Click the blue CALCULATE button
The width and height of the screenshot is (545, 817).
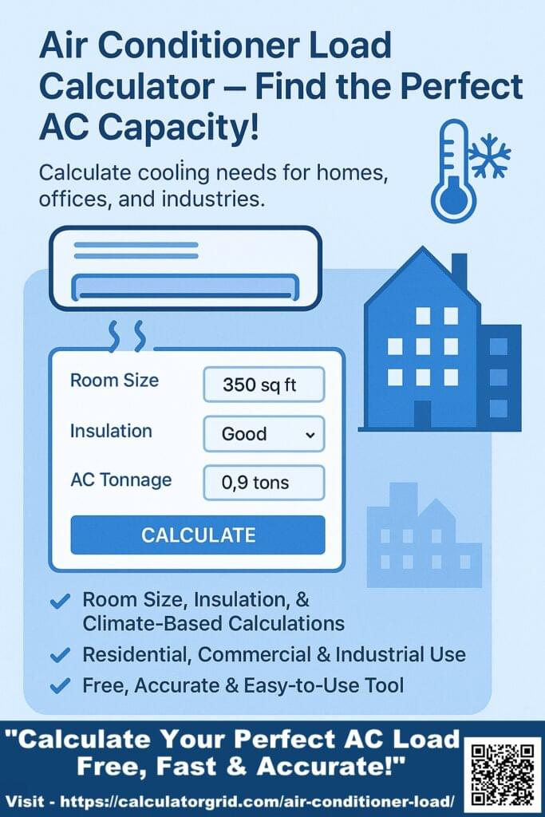point(198,535)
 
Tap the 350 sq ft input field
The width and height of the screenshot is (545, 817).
point(264,385)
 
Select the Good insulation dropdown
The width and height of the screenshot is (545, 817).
point(264,434)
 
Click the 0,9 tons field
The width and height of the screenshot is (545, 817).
point(264,483)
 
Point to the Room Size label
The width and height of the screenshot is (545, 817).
point(114,381)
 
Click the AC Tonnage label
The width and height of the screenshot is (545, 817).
point(120,480)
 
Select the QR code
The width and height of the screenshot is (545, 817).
point(502,773)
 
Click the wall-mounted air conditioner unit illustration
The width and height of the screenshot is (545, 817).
point(184,267)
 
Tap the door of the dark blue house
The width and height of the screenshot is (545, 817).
point(422,414)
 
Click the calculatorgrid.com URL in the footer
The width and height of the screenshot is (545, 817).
point(264,801)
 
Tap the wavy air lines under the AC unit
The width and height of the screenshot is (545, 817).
point(127,335)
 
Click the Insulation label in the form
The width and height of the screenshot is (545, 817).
point(111,431)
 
